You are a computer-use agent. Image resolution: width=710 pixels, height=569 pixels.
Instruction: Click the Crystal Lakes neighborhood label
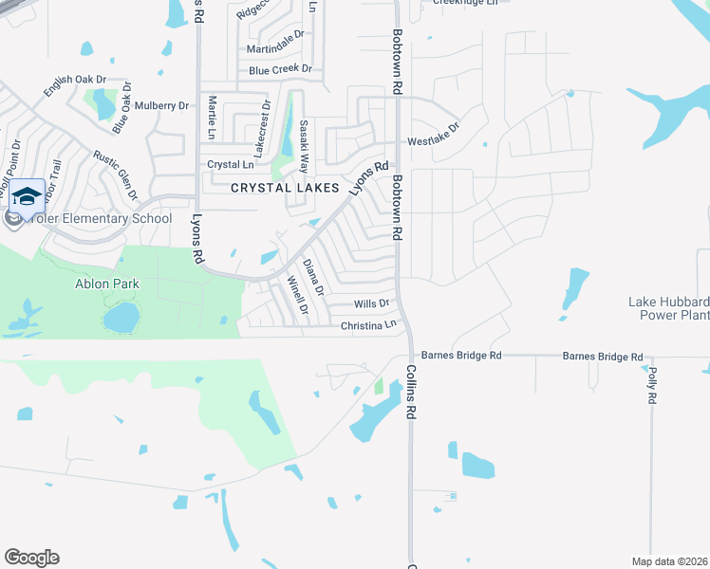[x=286, y=188]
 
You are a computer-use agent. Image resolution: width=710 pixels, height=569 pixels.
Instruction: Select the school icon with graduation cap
[x=27, y=196]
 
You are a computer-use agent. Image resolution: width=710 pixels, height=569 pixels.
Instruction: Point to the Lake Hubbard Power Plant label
[x=668, y=308]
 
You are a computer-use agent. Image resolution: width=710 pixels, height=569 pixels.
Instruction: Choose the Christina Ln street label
[x=368, y=325]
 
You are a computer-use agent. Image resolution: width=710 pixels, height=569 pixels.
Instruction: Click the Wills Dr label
[x=371, y=303]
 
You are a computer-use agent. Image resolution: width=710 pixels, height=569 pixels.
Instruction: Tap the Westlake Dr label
[x=434, y=134]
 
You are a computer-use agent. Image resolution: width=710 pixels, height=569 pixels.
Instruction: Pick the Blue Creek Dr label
[x=280, y=69]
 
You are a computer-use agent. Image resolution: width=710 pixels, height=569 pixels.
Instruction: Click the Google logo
[x=31, y=558]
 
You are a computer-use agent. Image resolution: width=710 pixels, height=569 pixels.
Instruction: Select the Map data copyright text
[x=670, y=560]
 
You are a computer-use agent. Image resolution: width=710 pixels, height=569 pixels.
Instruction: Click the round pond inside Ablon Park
[x=121, y=318]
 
